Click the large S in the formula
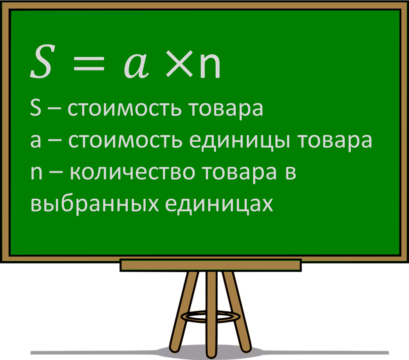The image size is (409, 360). [x=41, y=62]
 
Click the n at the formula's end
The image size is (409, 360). [x=210, y=67]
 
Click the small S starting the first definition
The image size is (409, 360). [x=35, y=109]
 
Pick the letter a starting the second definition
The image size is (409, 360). [x=35, y=141]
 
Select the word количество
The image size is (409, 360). [x=132, y=172]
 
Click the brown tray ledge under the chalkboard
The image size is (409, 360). [x=210, y=265]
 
